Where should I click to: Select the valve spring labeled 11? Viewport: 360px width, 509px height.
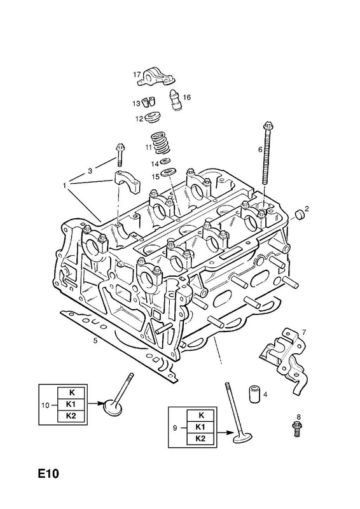[161, 143]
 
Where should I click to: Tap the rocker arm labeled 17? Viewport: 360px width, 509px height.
[156, 76]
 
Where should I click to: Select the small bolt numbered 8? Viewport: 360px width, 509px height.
[296, 428]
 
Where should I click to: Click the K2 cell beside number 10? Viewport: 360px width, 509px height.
[71, 416]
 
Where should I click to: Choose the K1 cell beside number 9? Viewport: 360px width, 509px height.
[200, 427]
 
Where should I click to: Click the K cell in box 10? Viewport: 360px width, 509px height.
[71, 393]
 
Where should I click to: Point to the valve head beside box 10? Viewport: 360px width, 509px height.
[113, 408]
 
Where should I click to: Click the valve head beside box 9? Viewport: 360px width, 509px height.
[243, 437]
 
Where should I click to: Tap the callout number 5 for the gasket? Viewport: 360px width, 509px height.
[95, 340]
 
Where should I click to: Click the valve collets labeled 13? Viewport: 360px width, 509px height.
[149, 102]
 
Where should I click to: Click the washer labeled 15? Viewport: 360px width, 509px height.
[168, 172]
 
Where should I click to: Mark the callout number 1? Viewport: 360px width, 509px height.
[65, 185]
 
